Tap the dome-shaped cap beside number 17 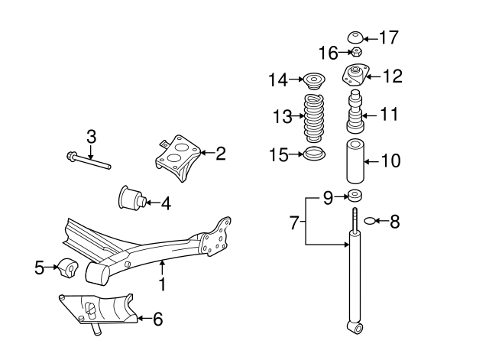tap(355, 37)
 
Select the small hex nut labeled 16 tap(355, 53)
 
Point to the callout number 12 tap(392, 76)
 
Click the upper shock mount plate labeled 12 tap(355, 76)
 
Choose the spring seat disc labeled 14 tap(313, 79)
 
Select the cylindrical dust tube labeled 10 tap(355, 161)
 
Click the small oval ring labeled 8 tap(370, 222)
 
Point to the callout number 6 tap(157, 319)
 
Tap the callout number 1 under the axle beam tap(162, 284)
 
